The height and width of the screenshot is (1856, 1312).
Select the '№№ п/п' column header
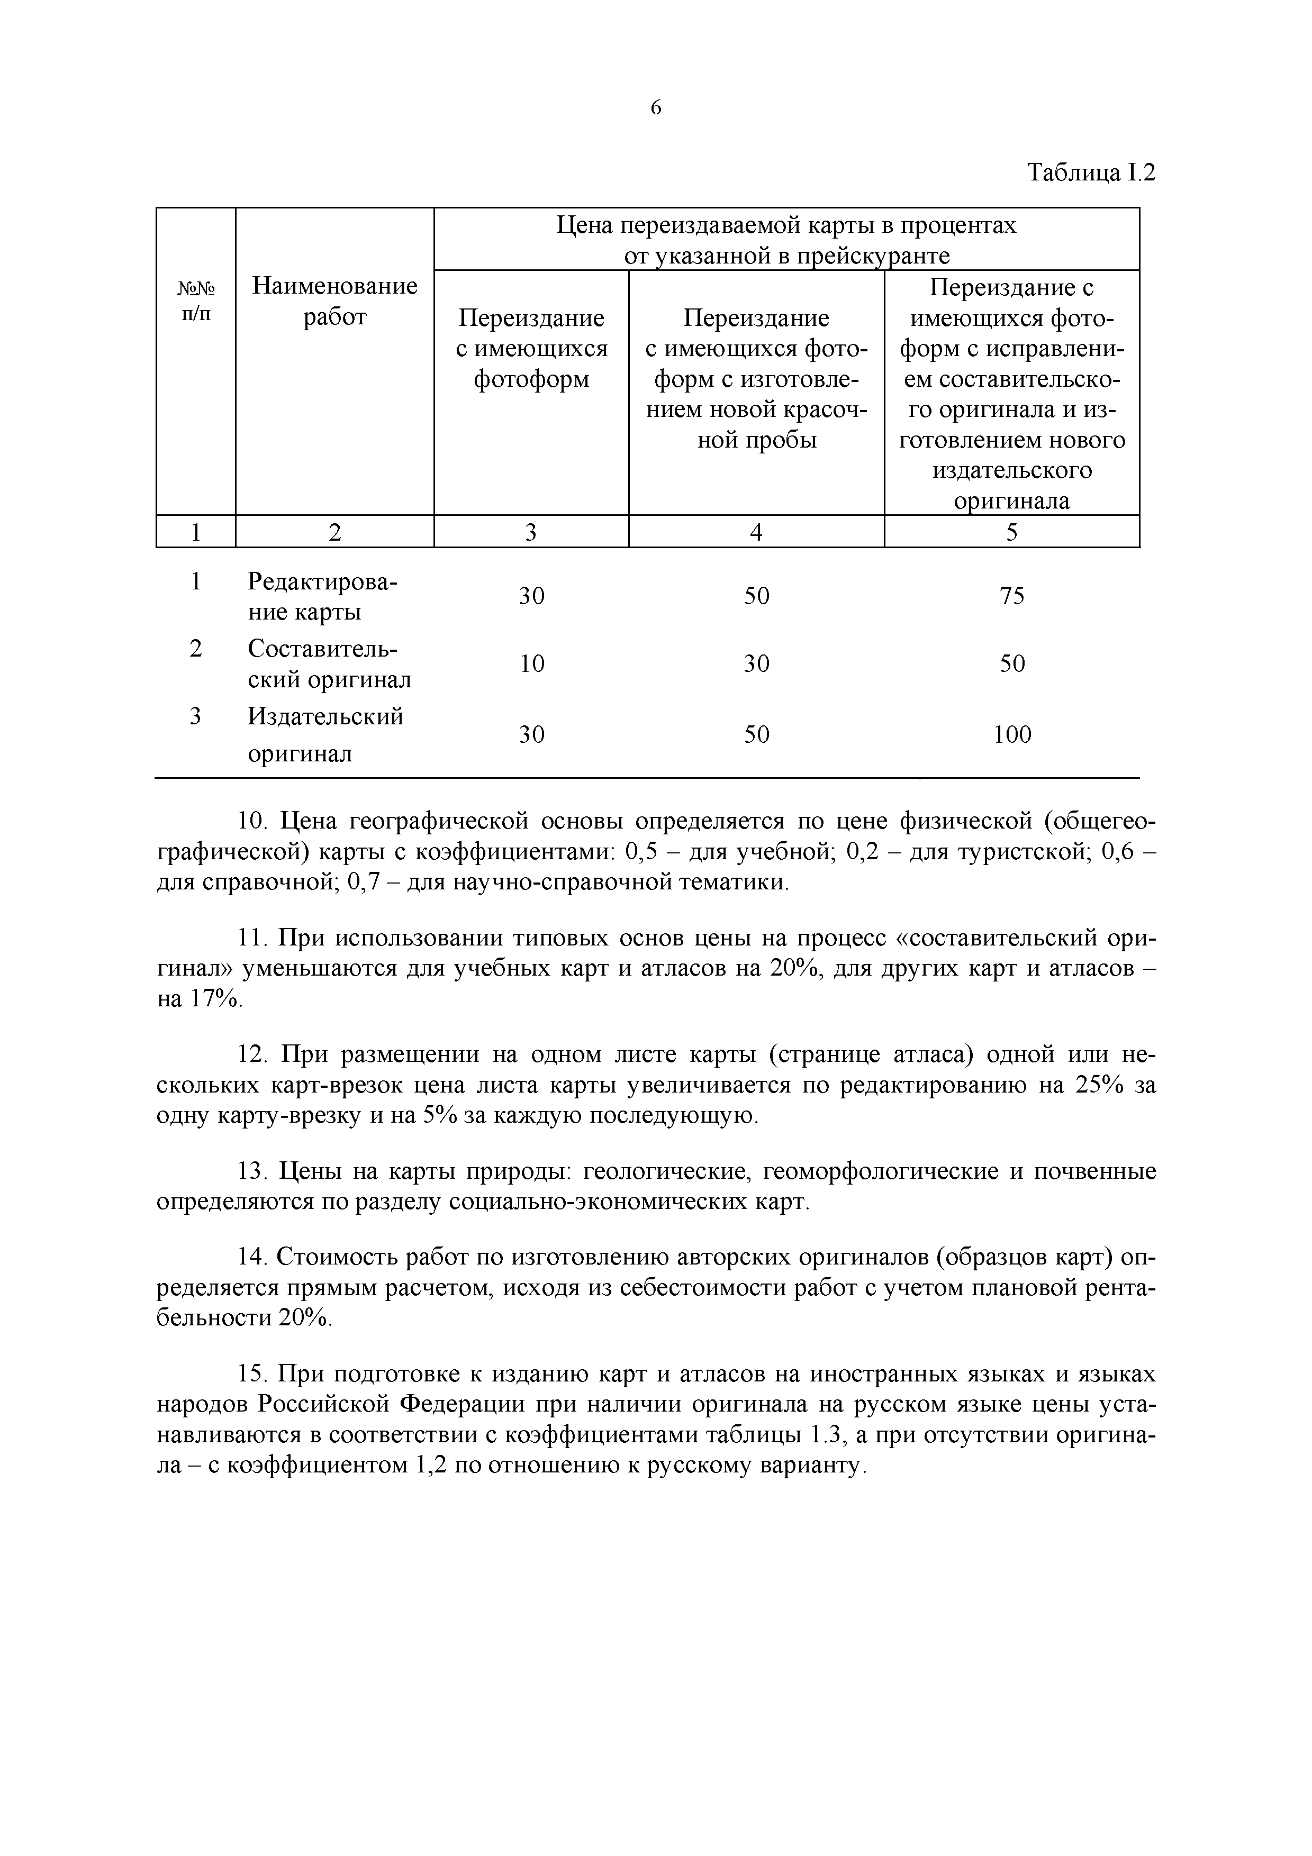[196, 301]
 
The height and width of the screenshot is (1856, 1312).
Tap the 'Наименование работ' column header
[334, 301]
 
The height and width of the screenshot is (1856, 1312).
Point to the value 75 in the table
[1012, 596]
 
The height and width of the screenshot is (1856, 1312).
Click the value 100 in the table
[1012, 734]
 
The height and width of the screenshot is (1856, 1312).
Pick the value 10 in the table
[531, 663]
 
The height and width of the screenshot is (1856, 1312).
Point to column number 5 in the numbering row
[1012, 532]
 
